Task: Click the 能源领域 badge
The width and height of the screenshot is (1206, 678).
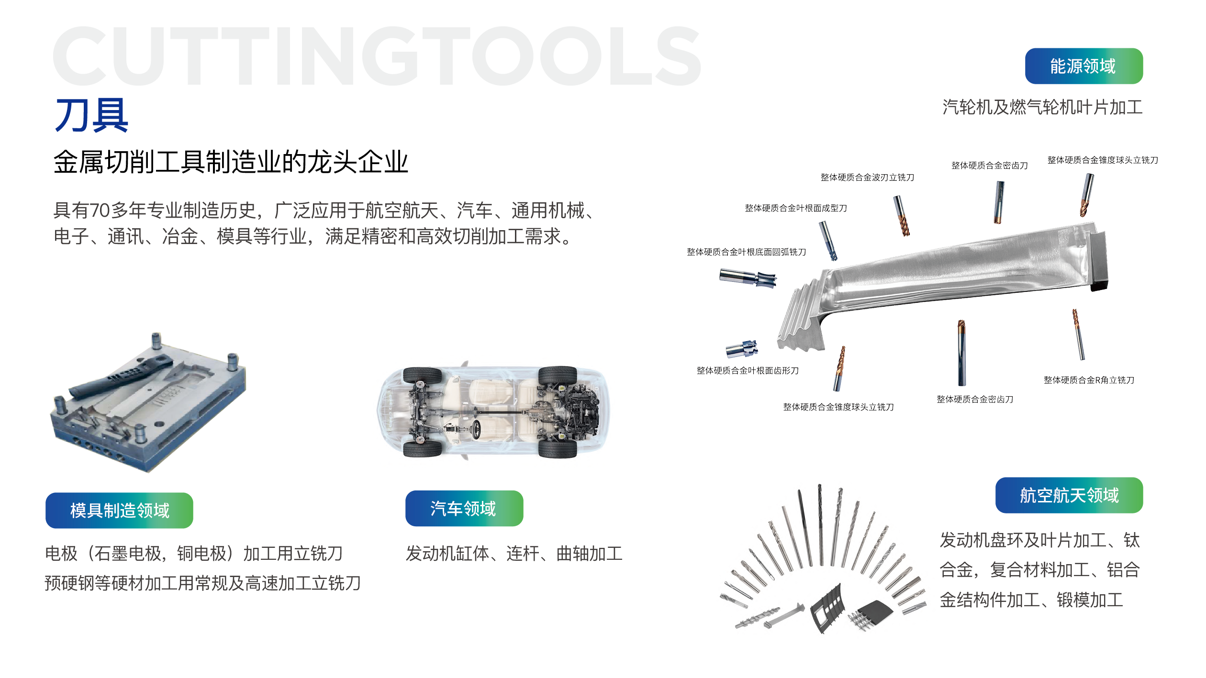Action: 1083,66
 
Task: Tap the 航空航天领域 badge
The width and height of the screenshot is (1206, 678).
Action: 1069,495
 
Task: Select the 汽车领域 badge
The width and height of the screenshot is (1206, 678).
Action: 464,508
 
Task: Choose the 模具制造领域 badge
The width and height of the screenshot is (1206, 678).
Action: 119,510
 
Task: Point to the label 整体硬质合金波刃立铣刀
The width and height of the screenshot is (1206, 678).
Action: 867,178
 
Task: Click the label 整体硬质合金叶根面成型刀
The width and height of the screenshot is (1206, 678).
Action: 796,208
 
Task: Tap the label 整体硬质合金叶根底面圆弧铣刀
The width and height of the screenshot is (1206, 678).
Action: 747,252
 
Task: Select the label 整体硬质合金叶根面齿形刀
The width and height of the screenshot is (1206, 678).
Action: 748,370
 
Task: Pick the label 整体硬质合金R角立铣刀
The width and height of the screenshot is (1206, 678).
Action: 1089,380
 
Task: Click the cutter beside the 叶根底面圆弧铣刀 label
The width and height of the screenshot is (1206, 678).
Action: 748,278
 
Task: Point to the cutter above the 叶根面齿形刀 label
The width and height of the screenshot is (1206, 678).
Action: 742,349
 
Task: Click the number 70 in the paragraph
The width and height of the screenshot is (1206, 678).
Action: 100,211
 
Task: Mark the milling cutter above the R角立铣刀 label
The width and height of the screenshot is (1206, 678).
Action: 1078,334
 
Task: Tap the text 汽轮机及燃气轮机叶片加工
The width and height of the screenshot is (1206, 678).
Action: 1042,107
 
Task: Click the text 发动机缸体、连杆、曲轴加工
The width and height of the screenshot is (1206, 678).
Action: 514,554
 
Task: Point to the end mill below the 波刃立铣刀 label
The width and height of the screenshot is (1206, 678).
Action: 902,216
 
